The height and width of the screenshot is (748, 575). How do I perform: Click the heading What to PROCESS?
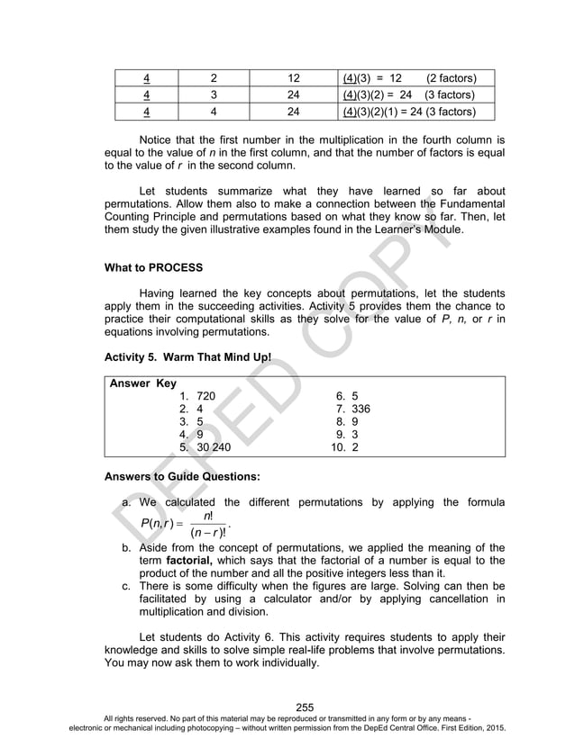[153, 267]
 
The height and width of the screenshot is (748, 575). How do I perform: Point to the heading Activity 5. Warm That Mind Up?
[187, 357]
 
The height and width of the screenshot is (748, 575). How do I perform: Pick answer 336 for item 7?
[361, 409]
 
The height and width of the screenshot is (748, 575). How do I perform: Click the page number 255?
[305, 707]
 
